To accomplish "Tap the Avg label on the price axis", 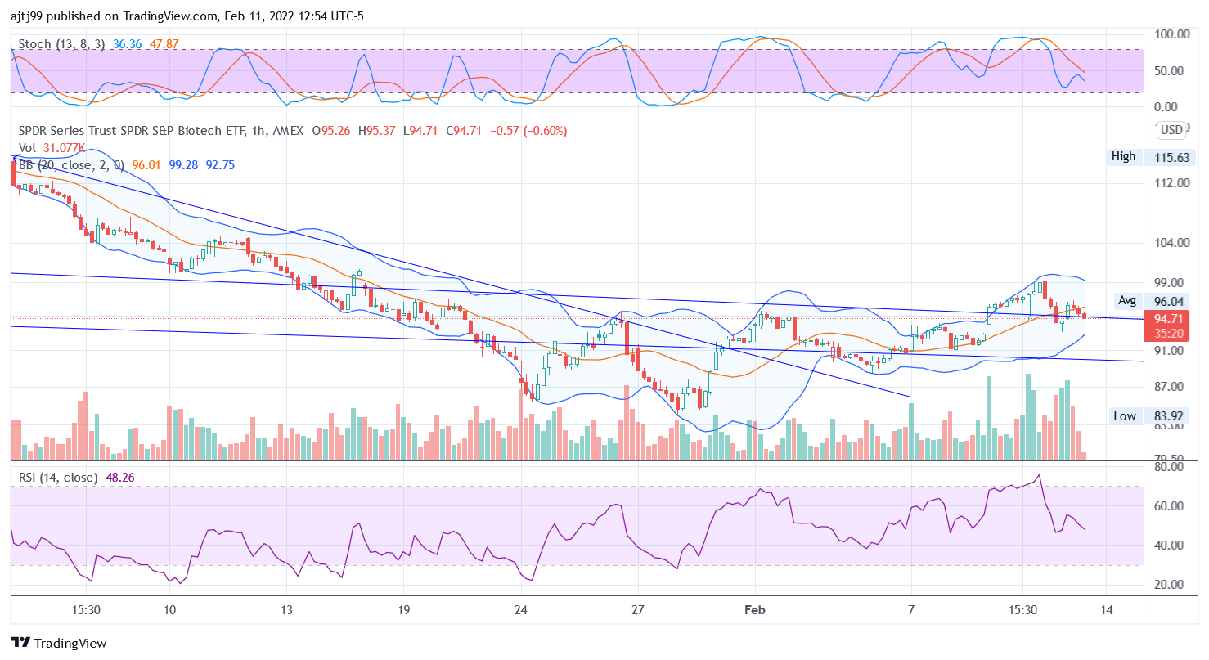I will point(1127,300).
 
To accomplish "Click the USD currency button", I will point(1171,130).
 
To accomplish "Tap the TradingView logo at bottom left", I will point(59,643).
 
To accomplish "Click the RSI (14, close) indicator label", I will point(58,477).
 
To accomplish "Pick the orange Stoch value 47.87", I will point(164,43).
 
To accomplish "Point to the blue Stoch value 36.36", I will point(128,43).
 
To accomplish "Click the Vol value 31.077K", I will point(64,148).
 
